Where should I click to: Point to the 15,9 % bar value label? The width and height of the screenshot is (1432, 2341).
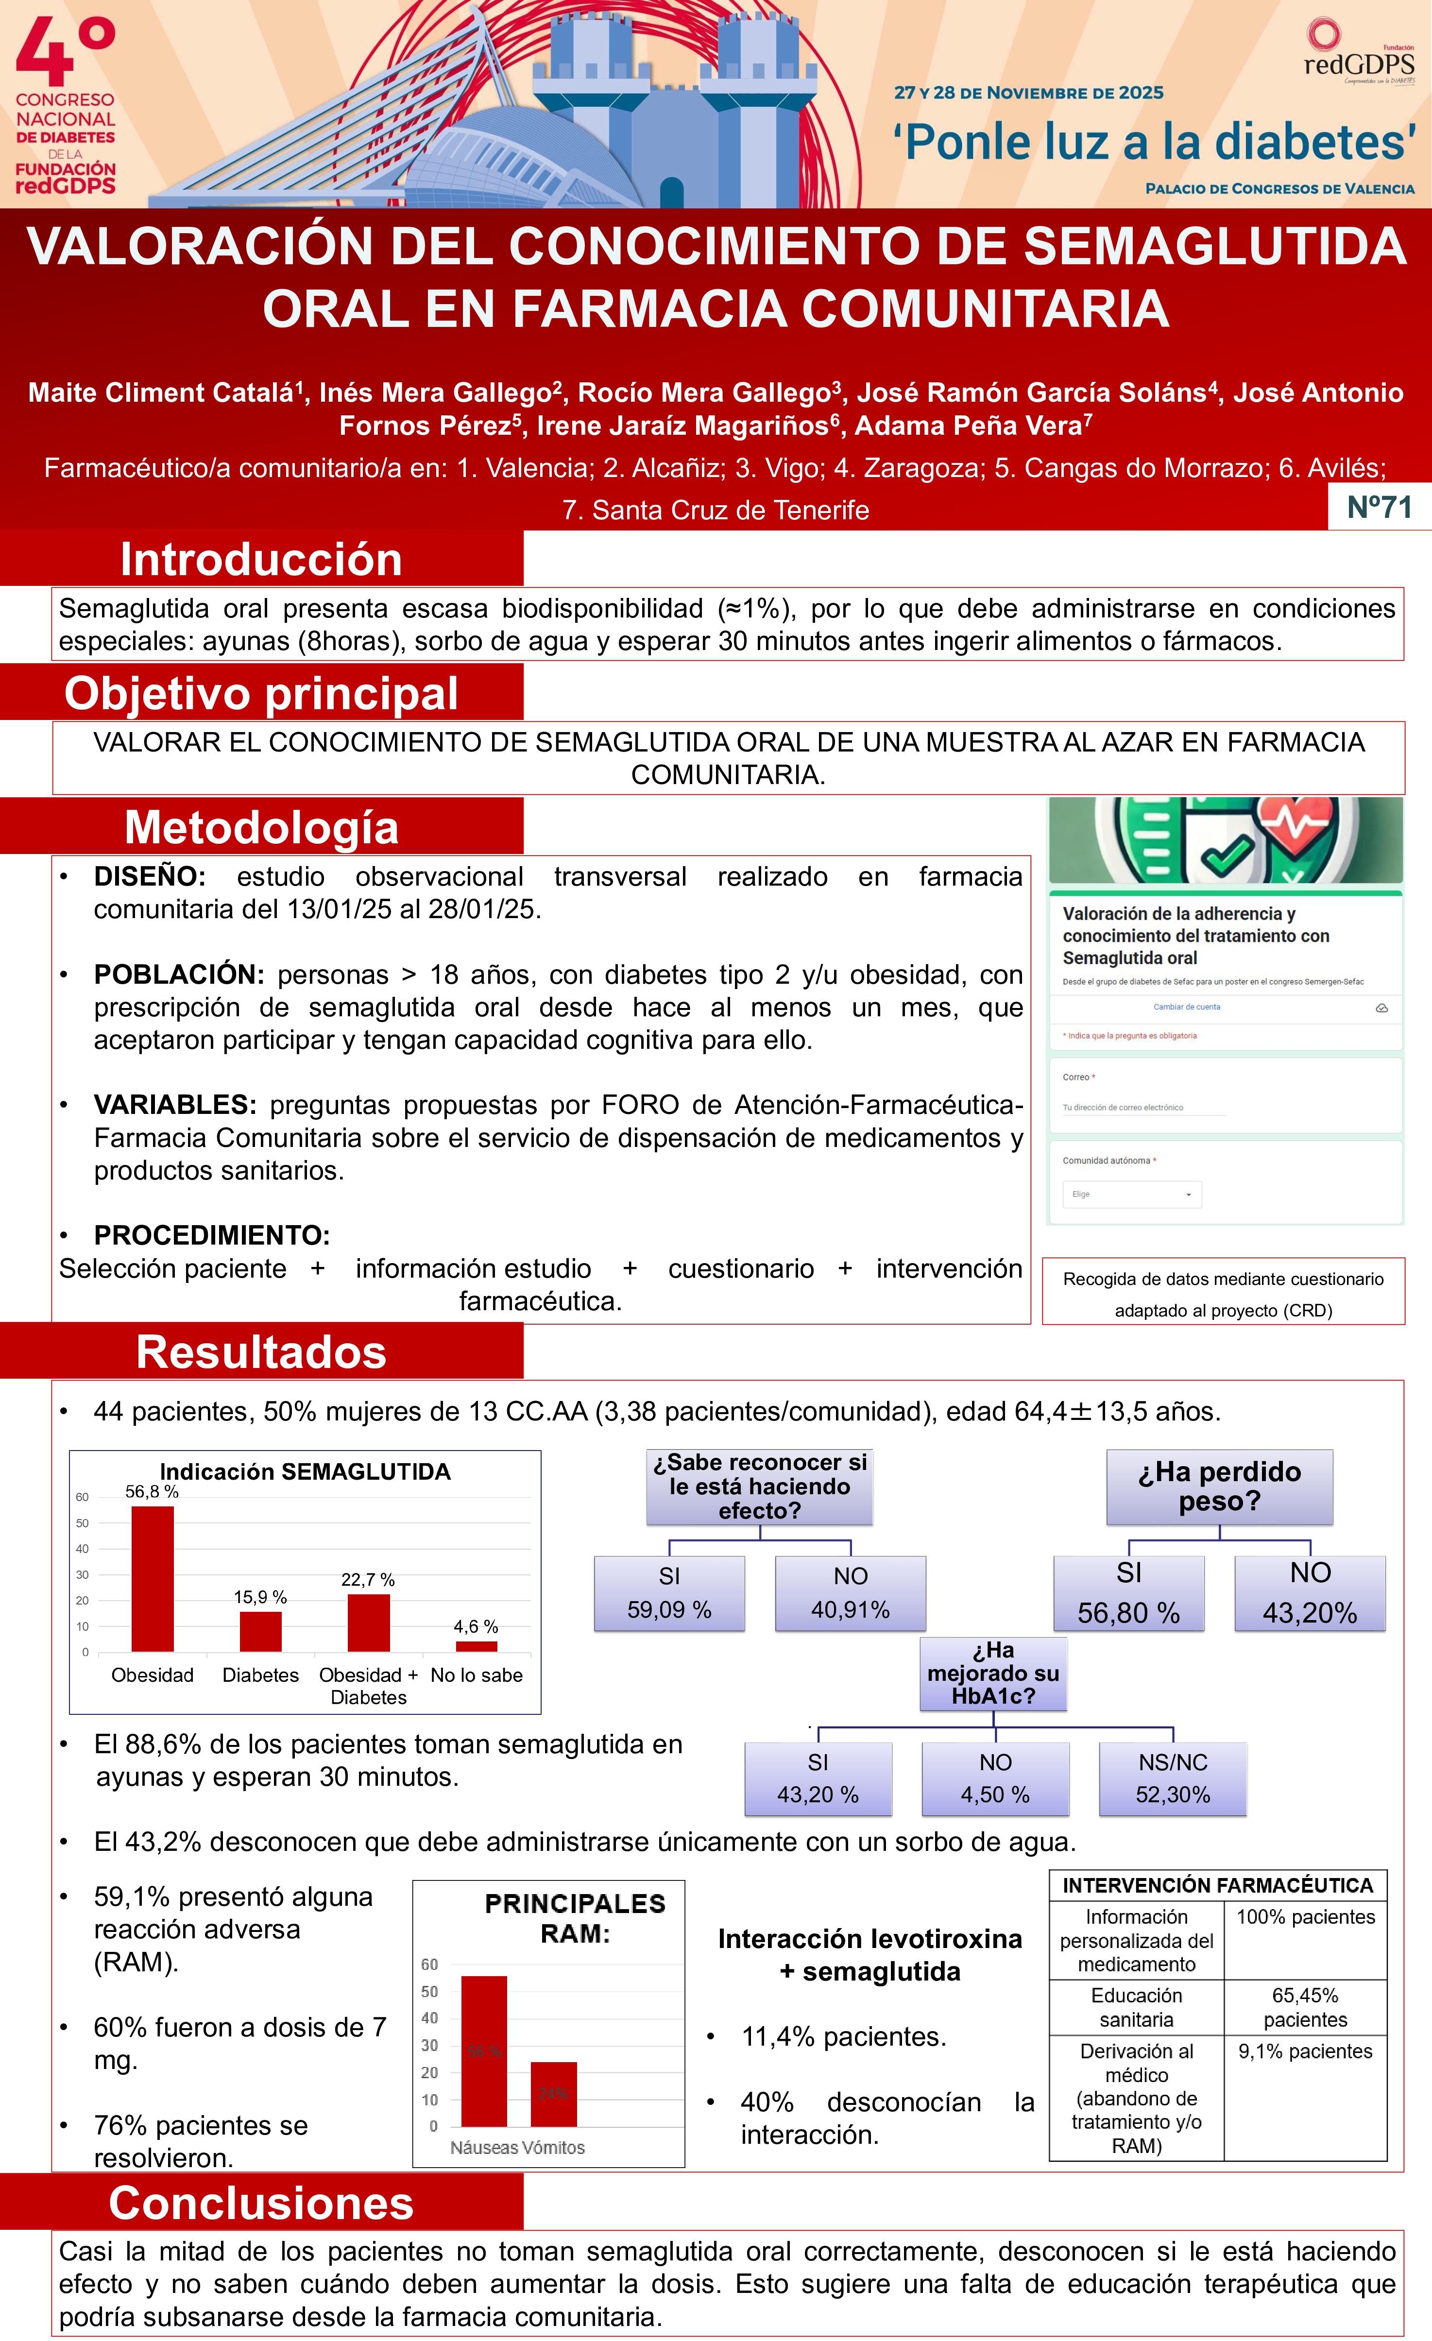(x=260, y=1597)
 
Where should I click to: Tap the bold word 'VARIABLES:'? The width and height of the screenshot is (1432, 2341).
(x=175, y=1105)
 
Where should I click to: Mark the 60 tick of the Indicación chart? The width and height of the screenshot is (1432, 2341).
(x=83, y=1497)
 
